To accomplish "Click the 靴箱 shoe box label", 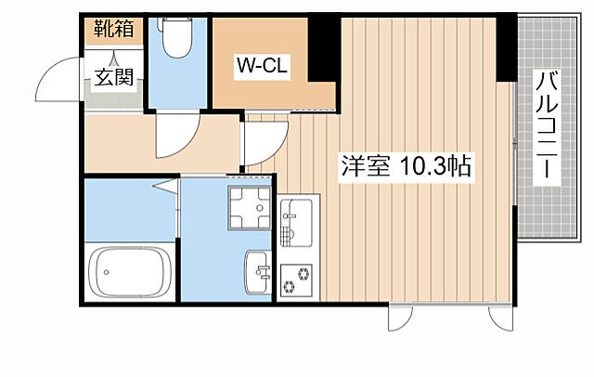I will point(112,29).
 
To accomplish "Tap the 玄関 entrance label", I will point(112,78).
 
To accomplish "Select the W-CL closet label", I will point(265,65).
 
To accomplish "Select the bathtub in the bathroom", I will point(129,271).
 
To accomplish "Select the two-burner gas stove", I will point(298,279).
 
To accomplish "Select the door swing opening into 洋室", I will point(260,144).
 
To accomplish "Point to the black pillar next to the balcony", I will point(506,46).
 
